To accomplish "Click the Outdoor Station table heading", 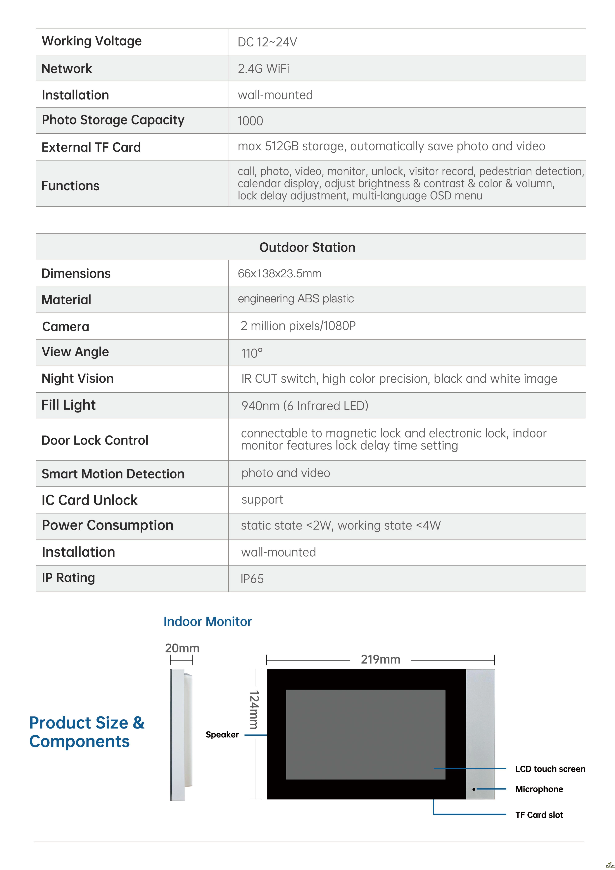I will (x=307, y=247).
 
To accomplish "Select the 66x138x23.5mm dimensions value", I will (x=280, y=274).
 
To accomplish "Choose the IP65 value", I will (x=252, y=579).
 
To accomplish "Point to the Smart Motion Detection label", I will (x=113, y=474).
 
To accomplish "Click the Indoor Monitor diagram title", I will (x=207, y=621).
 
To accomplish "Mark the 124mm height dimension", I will (x=254, y=710).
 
